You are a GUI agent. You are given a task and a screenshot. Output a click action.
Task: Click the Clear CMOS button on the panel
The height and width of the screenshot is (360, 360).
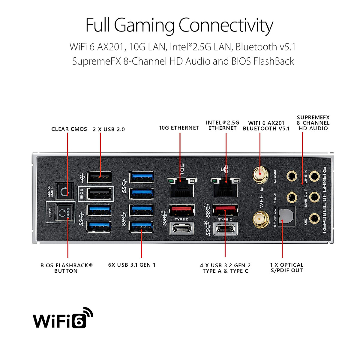coord(64,191)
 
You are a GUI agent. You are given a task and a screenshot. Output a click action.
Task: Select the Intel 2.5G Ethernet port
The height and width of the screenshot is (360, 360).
coord(226,187)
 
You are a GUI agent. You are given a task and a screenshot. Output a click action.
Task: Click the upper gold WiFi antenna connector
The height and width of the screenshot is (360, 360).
coord(260,175)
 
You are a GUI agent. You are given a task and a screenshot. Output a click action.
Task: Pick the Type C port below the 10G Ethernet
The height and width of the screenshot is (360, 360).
coord(182,229)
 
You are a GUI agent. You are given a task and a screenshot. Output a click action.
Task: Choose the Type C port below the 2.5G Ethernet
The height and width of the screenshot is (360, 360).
coord(225,229)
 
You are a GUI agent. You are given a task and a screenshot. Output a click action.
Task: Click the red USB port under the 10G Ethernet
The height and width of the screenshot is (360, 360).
coord(182,210)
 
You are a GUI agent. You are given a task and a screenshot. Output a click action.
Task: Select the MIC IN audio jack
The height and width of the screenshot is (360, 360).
coord(314,218)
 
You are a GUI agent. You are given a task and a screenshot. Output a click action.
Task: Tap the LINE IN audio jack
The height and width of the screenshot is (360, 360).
coord(314,176)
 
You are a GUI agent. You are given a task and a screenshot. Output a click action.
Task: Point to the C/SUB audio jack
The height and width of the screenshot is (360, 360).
coord(291,176)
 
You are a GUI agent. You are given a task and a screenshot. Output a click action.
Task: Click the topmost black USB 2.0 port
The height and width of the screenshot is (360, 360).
coord(99,177)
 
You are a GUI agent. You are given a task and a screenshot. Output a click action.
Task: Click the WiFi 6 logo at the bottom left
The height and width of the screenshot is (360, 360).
coord(63,318)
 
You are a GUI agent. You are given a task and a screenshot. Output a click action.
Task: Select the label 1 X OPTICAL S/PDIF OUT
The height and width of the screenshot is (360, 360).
coord(286,268)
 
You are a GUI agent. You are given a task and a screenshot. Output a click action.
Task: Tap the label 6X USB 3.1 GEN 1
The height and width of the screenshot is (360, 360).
coord(132,265)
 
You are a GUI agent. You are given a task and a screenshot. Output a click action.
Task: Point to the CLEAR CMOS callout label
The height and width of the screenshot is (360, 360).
coord(69,129)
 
